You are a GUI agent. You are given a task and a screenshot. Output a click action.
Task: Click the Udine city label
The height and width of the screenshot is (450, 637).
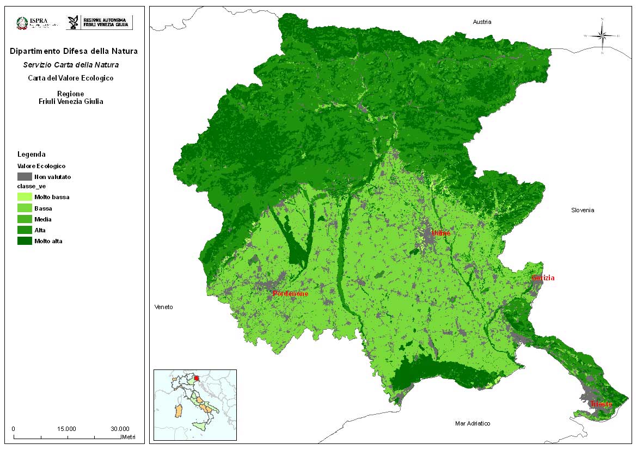pos(441,233)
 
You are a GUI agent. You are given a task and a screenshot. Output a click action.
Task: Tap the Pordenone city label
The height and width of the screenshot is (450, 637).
pos(290,294)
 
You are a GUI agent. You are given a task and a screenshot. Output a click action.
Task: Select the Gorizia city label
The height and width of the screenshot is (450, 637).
pos(543,278)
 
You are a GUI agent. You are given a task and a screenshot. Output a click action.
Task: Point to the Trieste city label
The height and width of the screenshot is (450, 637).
pos(601,404)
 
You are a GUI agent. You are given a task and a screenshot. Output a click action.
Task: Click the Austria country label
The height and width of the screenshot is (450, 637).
pos(482,22)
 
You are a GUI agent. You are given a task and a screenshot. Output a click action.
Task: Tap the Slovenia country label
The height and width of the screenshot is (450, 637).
pos(583,210)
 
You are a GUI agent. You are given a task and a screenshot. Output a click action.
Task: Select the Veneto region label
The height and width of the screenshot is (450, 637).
pos(163,307)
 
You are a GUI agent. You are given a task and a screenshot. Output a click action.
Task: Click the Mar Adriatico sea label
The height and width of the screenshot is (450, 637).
pos(473,423)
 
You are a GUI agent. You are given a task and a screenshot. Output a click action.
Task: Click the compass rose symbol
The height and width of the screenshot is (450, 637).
pos(602,36)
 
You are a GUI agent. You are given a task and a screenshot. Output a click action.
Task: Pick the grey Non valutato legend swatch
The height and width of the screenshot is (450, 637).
pos(24,176)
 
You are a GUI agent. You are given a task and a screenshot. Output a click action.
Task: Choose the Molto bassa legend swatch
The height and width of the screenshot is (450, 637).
pos(24,197)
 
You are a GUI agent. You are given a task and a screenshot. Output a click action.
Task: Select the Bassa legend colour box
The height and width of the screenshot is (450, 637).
pos(24,208)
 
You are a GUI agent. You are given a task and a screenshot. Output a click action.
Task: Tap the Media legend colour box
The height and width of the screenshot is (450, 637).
pos(24,219)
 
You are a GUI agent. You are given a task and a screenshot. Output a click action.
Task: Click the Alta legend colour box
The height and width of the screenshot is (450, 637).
pos(24,230)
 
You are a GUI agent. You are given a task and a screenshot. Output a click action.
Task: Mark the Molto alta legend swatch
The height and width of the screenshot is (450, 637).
pos(24,241)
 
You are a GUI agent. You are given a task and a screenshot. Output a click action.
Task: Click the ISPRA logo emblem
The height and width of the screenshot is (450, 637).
pos(22,23)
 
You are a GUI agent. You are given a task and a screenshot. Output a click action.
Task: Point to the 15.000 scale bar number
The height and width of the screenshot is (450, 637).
pos(67,428)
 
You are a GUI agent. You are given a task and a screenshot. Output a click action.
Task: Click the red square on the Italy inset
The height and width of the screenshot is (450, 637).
pos(197,378)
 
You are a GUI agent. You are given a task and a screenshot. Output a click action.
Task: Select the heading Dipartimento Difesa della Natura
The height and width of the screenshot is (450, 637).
pos(73,52)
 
